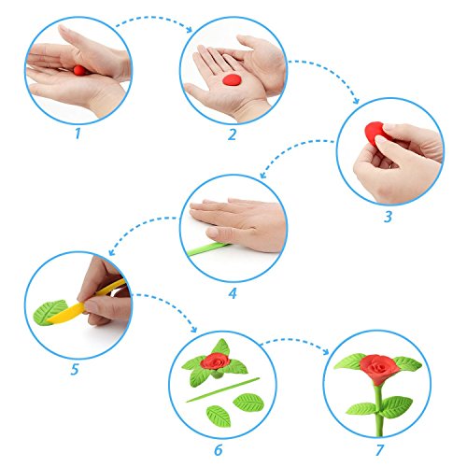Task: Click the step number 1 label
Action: tap(78, 134)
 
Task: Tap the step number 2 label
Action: tap(232, 134)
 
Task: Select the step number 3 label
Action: tap(388, 217)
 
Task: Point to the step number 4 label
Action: tap(233, 293)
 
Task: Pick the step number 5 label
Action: tap(75, 370)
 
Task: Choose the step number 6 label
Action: tap(219, 450)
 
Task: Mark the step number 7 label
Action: tap(379, 450)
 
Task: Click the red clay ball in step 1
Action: tap(79, 70)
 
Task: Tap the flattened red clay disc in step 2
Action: tap(232, 79)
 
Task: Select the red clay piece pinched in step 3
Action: tap(374, 133)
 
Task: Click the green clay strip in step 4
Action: tap(207, 249)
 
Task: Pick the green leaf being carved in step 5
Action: tap(49, 312)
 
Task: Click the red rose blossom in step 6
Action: tap(215, 361)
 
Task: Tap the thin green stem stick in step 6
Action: tap(222, 389)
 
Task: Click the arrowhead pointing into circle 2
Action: tap(190, 30)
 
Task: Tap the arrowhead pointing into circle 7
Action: tap(326, 352)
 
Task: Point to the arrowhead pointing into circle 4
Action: tap(263, 175)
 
